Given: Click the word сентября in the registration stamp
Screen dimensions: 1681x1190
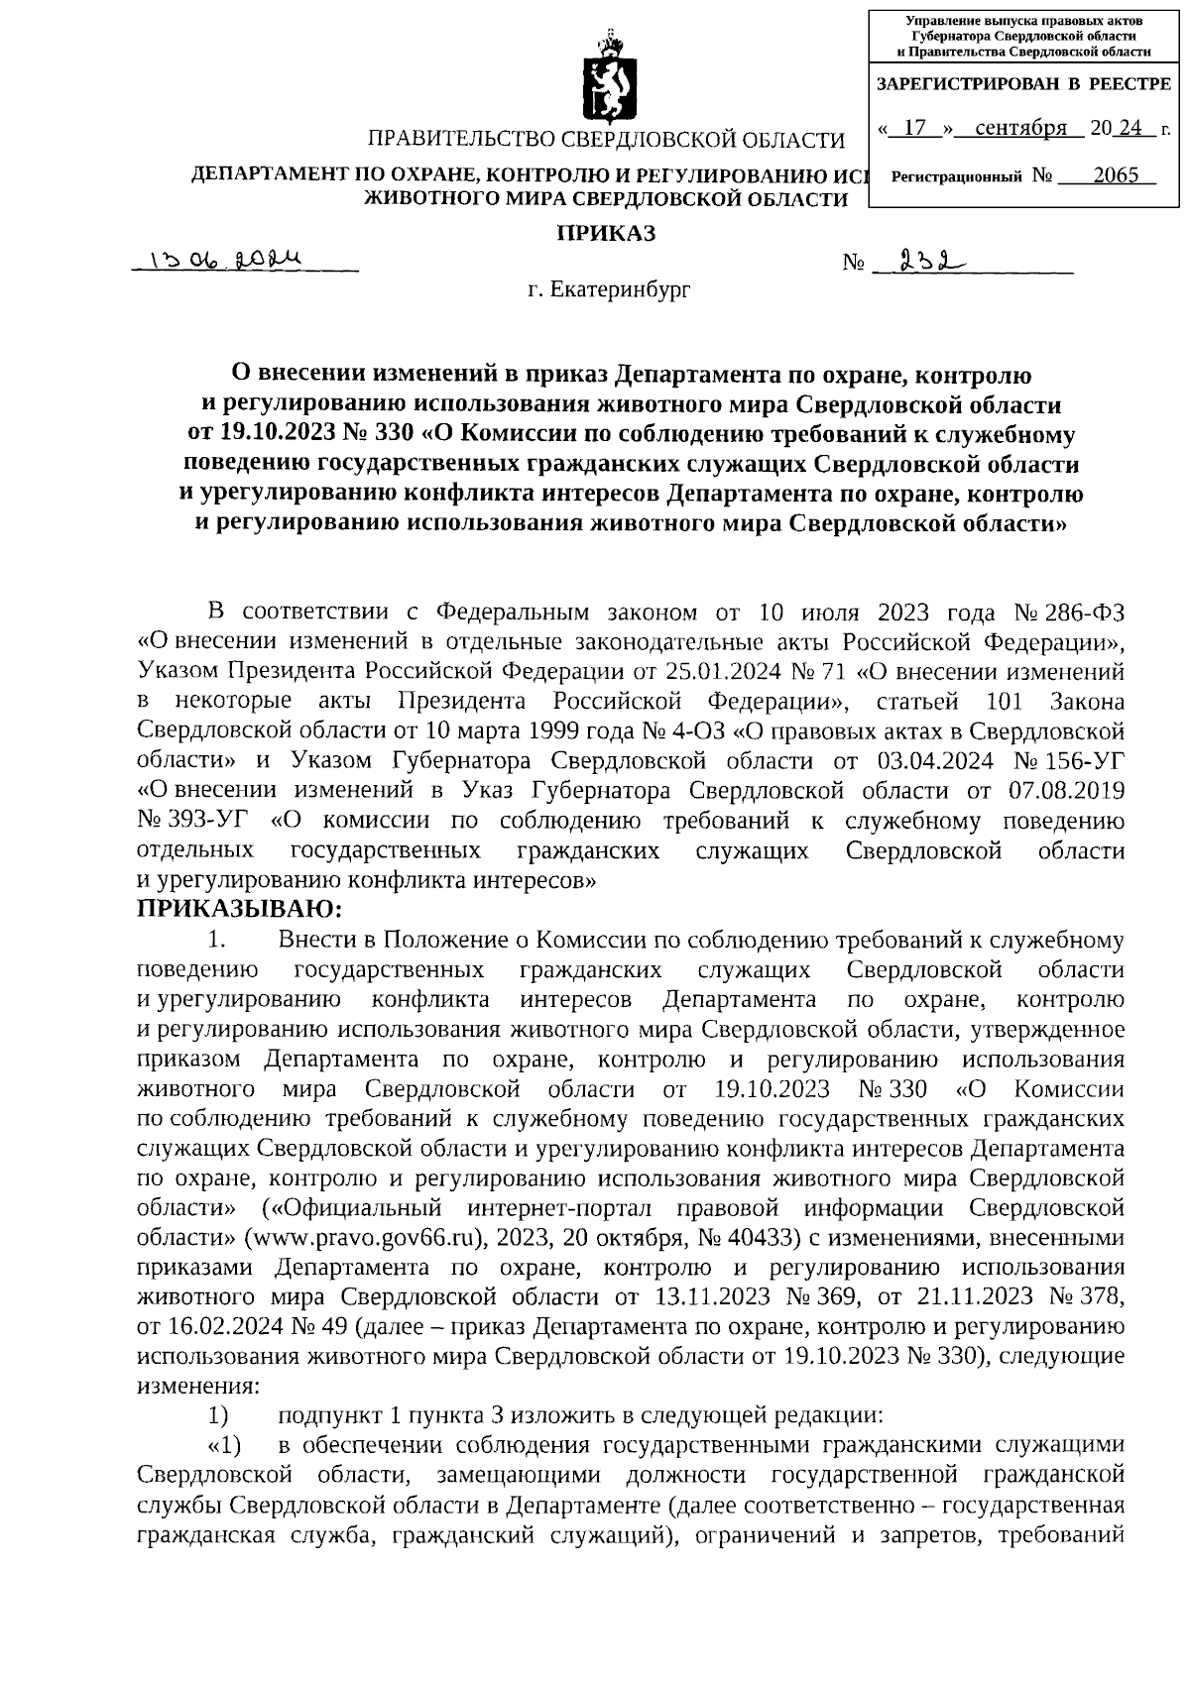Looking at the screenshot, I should (x=1020, y=128).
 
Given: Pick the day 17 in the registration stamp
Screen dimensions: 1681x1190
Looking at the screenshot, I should (x=915, y=128).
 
